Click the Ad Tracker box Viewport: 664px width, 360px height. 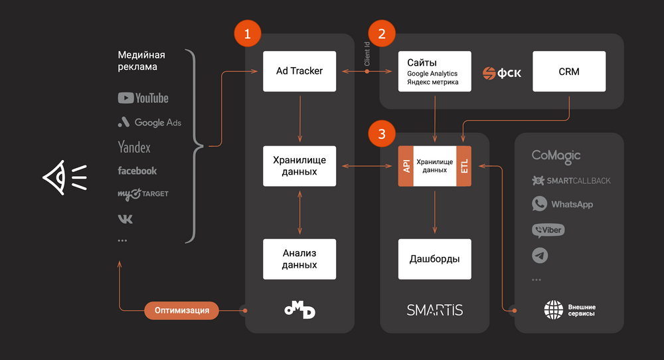point(299,71)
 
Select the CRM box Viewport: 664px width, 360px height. point(569,71)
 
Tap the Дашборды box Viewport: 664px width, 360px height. point(434,259)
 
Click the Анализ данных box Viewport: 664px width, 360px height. point(299,259)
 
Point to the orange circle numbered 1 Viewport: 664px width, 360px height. point(247,33)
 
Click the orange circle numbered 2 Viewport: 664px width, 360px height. point(382,33)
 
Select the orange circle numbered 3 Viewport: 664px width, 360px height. point(382,134)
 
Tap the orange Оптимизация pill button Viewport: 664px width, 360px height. point(182,310)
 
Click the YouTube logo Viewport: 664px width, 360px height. point(143,98)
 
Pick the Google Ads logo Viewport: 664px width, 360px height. point(149,122)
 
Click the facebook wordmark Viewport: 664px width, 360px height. point(137,171)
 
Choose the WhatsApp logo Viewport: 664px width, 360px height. point(562,204)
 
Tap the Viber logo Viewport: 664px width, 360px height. point(548,230)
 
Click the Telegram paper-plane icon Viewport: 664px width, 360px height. point(540,256)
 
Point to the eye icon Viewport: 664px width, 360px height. point(65,177)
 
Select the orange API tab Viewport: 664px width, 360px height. point(406,166)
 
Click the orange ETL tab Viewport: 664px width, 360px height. point(463,166)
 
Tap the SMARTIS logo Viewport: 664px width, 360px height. point(434,310)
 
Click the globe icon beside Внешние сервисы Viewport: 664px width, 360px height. point(554,310)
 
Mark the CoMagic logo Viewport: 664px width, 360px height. point(556,156)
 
